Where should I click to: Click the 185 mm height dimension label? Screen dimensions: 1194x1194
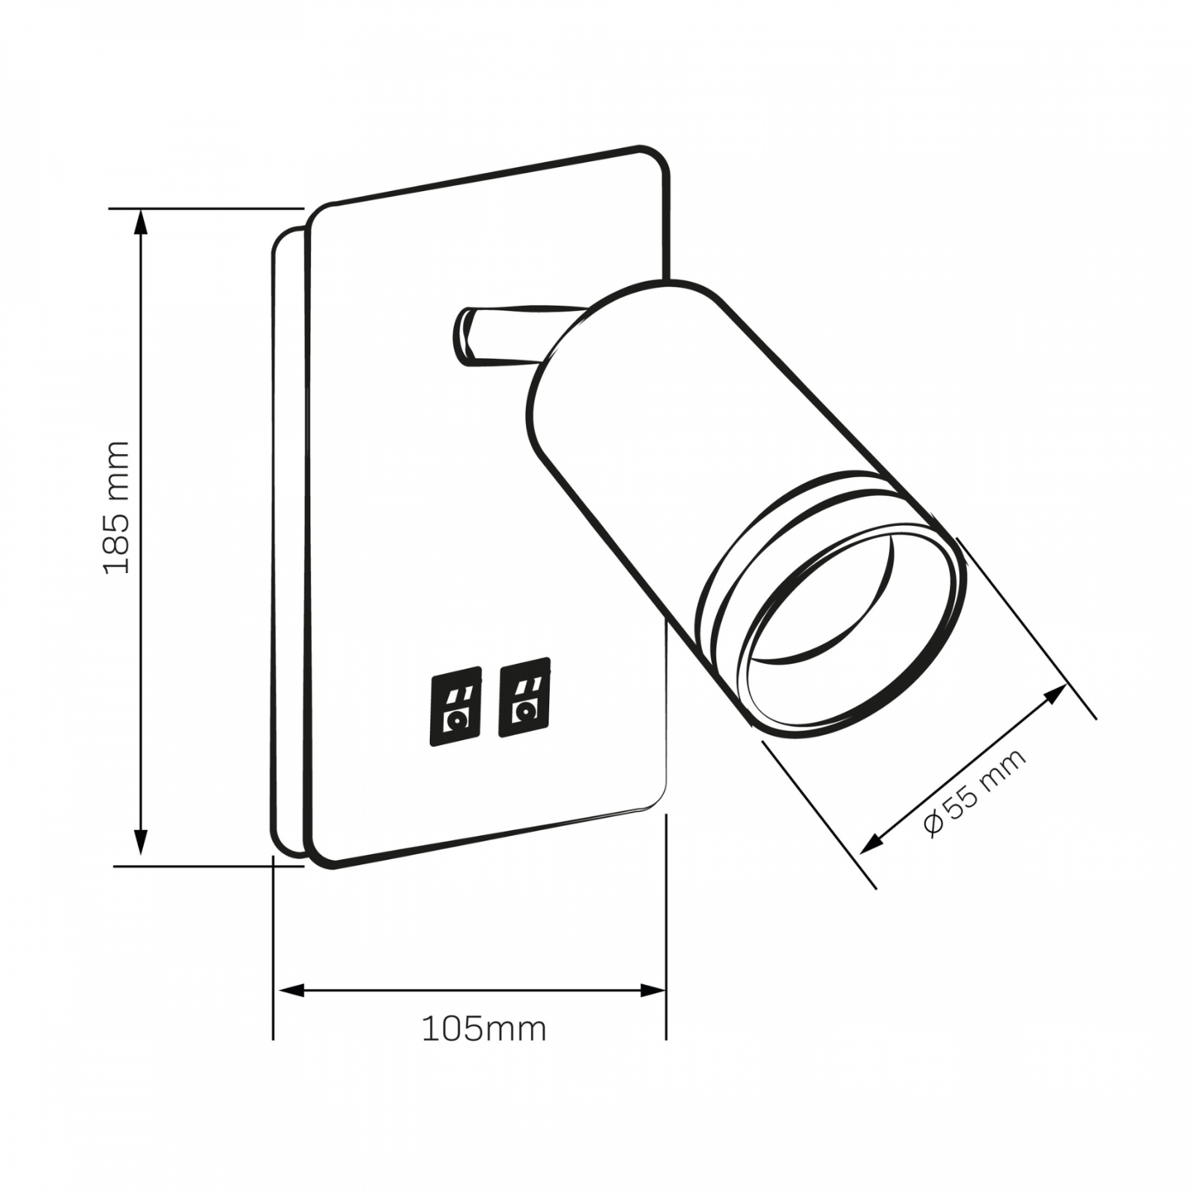pos(117,506)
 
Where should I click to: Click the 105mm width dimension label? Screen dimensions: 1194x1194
pos(484,1029)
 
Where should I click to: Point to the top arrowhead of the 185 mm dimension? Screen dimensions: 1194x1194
pos(140,222)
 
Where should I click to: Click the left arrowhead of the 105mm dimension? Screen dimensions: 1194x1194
pos(291,991)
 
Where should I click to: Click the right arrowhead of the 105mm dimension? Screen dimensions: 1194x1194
pos(652,991)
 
